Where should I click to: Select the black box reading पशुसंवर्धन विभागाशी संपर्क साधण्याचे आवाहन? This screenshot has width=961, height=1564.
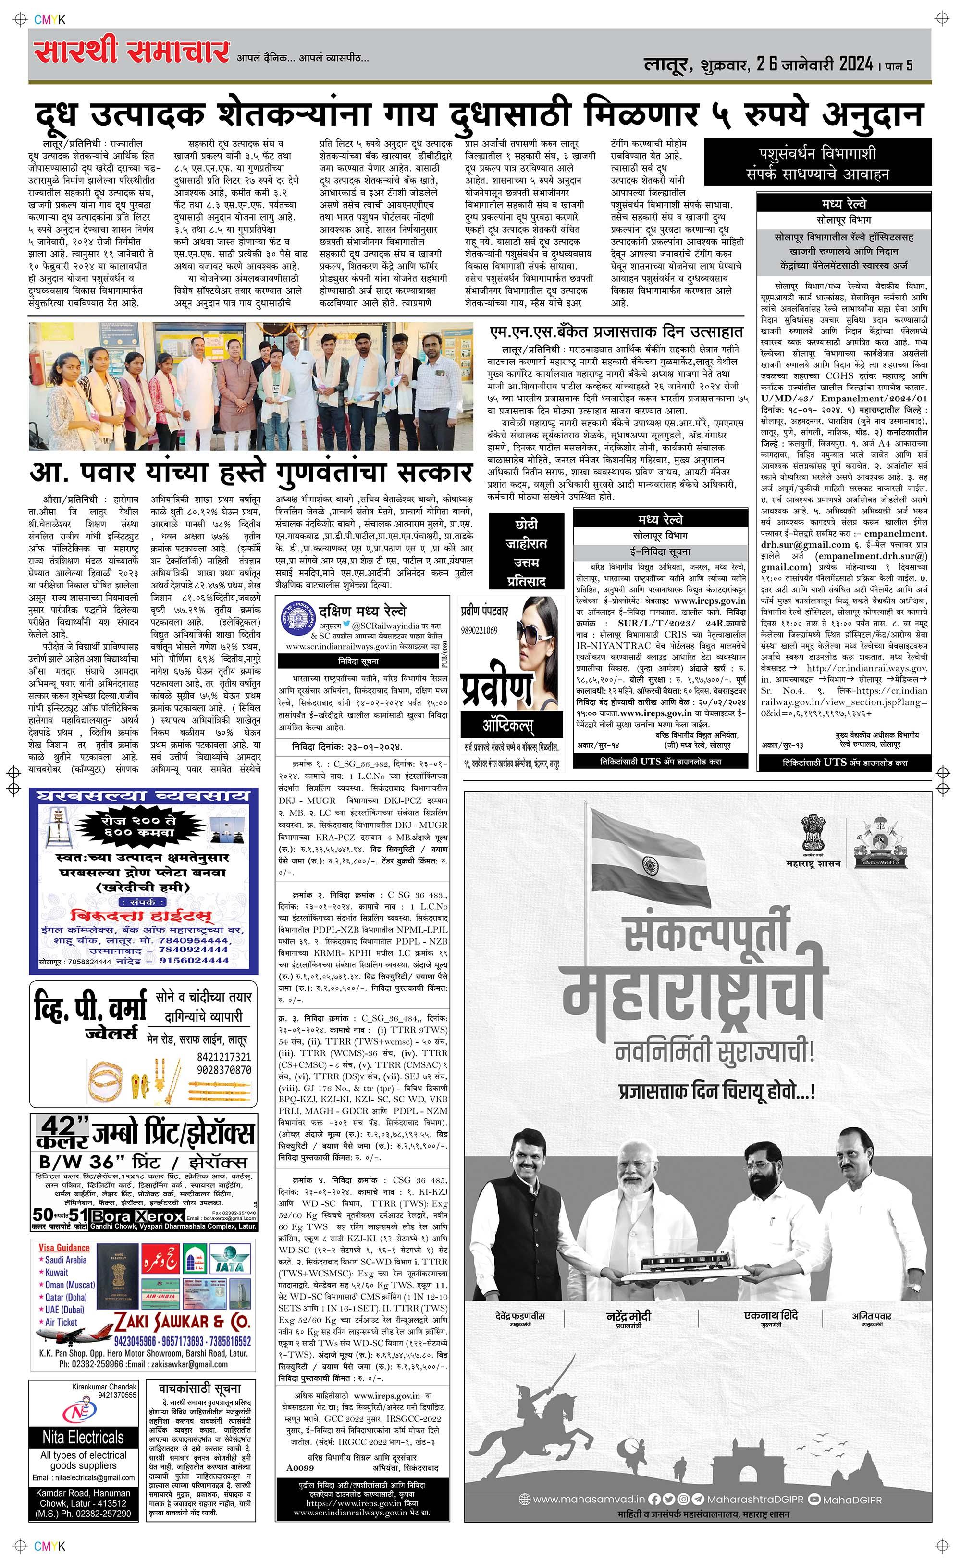(817, 163)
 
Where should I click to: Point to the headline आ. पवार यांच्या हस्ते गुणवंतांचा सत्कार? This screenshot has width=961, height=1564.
(251, 473)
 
